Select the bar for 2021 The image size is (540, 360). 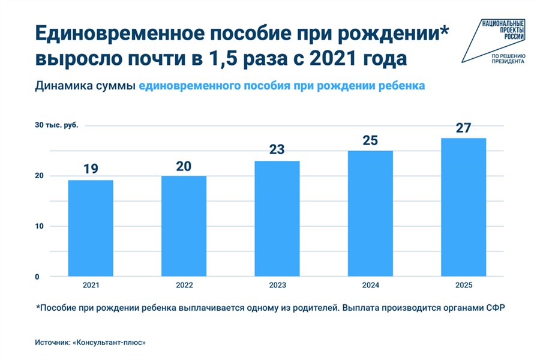(91, 228)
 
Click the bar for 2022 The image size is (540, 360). (184, 226)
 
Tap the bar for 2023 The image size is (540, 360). (277, 218)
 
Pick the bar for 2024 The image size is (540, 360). (370, 213)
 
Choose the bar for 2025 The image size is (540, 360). (463, 207)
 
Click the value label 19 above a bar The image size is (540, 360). (91, 169)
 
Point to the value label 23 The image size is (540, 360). (277, 149)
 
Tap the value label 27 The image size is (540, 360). (463, 127)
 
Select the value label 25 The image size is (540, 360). (370, 140)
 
